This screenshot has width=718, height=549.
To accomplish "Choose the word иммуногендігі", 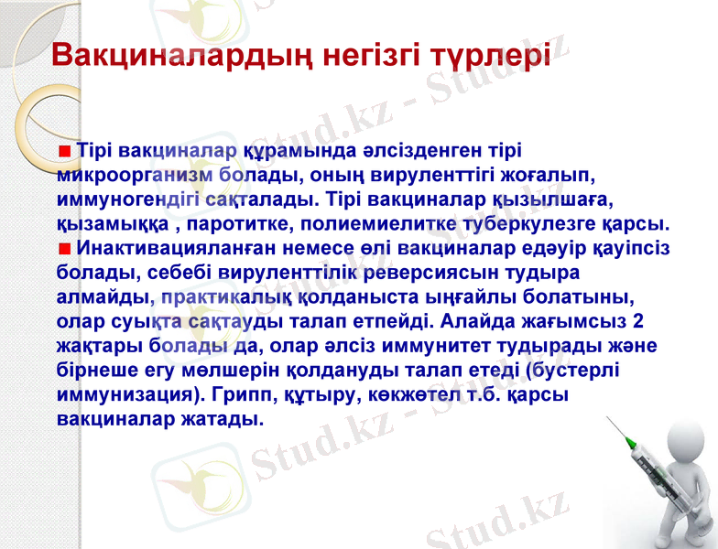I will tap(125, 199).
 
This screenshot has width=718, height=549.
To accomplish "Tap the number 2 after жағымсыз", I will tap(637, 322).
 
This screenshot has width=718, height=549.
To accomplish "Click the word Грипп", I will tap(240, 396).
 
